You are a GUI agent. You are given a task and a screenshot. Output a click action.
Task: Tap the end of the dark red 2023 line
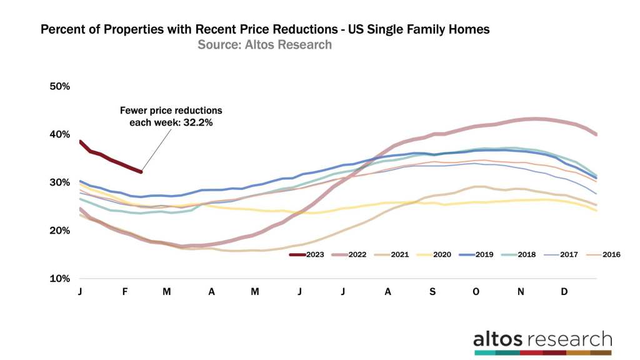tap(141, 172)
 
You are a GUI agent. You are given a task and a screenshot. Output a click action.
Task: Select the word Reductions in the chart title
tap(301, 30)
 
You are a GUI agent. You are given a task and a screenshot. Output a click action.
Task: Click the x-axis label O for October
tap(476, 291)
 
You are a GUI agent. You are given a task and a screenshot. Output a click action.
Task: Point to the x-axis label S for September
tap(431, 291)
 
